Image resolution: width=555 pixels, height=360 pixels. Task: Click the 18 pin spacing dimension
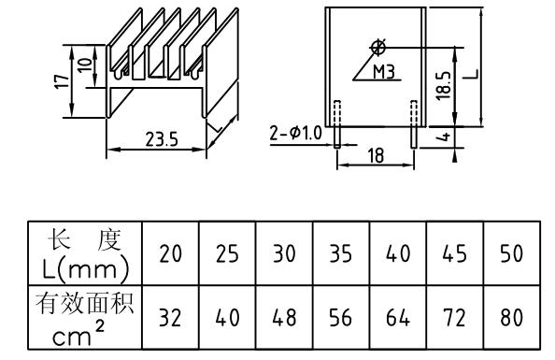[x=375, y=156]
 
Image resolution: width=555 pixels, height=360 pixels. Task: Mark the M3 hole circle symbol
[x=377, y=46]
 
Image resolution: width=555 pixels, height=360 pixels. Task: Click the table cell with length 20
[x=170, y=254]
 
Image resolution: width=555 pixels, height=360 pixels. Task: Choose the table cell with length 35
[x=341, y=254]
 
